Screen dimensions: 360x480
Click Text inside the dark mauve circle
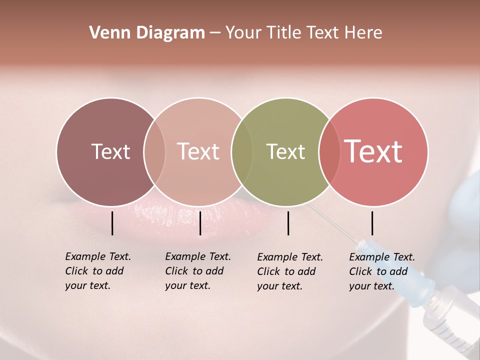[x=110, y=151]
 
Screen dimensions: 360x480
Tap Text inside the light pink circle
[x=198, y=151]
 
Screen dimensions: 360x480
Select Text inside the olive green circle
[x=285, y=151]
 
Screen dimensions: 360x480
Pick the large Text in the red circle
[x=373, y=151]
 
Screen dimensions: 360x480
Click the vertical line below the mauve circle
[x=112, y=223]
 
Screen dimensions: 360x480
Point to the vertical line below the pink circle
[x=200, y=223]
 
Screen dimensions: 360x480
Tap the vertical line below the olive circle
[x=288, y=223]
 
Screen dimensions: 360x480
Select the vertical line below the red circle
[x=372, y=223]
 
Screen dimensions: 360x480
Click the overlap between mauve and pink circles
[x=154, y=151]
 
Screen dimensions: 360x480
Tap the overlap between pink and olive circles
[x=241, y=151]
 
